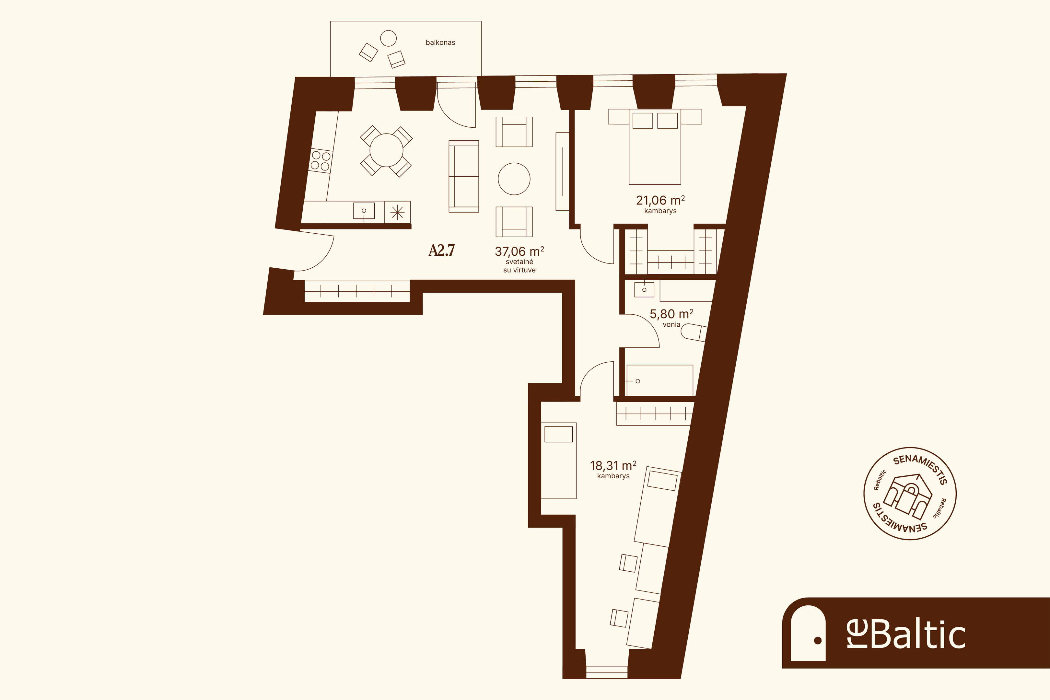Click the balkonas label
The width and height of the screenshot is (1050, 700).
coord(440,43)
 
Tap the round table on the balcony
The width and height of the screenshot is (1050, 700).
coord(388,38)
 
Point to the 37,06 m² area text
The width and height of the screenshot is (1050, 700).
coord(519,251)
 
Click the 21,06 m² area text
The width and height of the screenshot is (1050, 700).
coord(660,200)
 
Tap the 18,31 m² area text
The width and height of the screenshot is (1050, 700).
coord(613,466)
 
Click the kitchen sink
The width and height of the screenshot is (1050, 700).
coord(364,211)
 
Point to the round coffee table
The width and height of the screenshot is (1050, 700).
coord(514,179)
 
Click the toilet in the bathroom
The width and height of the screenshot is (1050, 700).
coord(694,332)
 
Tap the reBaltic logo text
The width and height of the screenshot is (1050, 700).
coord(906,635)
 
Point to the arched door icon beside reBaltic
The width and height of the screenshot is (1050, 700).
coord(808,633)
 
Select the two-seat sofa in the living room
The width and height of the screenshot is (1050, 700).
coord(464,176)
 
